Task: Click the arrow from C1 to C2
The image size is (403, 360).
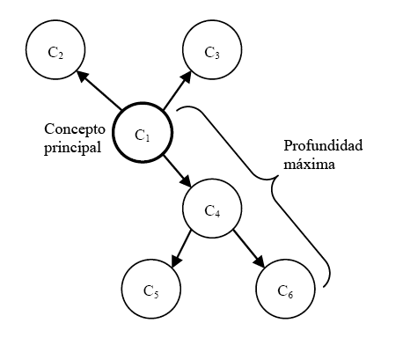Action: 99,90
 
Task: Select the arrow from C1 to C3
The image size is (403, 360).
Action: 177,90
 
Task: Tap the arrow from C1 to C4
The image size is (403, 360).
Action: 178,172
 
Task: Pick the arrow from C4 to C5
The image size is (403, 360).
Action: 181,249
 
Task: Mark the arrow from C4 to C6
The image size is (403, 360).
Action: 249,249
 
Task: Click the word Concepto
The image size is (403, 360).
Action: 75,129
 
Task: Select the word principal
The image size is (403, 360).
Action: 73,148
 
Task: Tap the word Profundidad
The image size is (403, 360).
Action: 323,145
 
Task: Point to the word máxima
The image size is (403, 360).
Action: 309,164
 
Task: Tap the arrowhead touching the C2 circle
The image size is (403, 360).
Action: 81,76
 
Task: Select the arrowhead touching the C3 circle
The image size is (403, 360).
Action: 187,76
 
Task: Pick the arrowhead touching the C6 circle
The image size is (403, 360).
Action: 260,262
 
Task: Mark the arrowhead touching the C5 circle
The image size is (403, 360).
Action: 176,261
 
